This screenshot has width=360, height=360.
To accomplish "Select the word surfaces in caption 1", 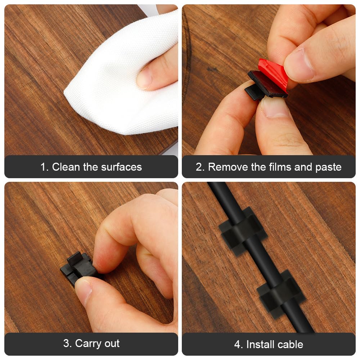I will coord(121,167).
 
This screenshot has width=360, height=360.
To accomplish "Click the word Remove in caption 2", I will coord(226,167).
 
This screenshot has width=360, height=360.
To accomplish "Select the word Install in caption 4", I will coord(262,345).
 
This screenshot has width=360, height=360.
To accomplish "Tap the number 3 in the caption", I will coord(67,343).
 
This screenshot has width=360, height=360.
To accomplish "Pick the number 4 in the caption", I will coord(238,345).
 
